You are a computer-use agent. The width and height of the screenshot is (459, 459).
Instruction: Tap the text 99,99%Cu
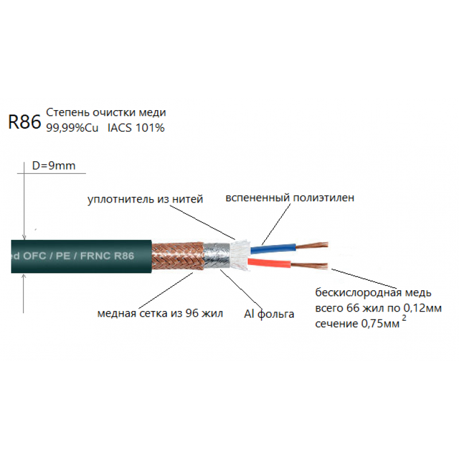click(72, 128)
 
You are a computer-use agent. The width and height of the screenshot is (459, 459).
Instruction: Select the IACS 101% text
click(136, 128)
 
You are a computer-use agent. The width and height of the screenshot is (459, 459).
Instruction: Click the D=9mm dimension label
click(53, 166)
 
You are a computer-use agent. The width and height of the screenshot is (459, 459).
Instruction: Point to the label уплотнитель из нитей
click(145, 200)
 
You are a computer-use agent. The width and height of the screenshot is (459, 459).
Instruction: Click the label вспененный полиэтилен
click(290, 198)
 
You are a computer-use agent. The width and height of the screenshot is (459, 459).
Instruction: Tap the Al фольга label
click(268, 314)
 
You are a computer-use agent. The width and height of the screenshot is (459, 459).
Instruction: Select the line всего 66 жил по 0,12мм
click(378, 308)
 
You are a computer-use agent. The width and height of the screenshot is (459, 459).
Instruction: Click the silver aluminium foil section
click(215, 255)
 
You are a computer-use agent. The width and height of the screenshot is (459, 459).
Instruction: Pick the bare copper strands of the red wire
click(310, 266)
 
